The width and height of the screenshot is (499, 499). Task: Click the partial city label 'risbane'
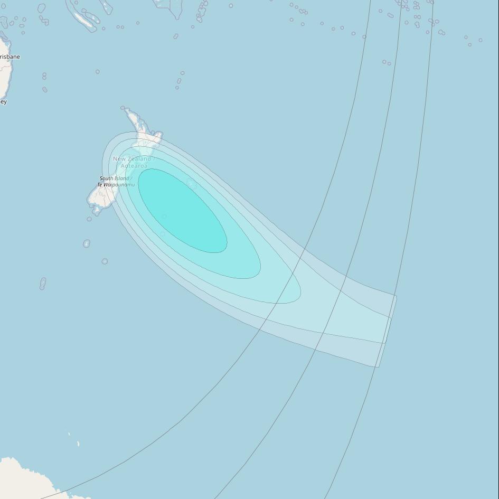tap(10, 57)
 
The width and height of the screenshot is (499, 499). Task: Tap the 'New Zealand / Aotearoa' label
tap(133, 162)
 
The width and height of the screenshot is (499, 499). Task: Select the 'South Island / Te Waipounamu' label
tap(116, 182)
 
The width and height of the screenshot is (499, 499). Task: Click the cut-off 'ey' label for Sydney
tap(3, 101)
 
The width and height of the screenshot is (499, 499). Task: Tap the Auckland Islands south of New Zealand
tap(87, 243)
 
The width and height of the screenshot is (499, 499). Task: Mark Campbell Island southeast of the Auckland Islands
tap(105, 261)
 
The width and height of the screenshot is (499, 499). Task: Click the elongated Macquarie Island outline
tap(43, 284)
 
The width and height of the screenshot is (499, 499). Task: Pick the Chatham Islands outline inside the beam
tap(192, 184)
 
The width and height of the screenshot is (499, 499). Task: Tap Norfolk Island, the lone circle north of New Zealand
tap(98, 71)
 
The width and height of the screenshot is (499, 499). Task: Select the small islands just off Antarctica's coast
tap(78, 444)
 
